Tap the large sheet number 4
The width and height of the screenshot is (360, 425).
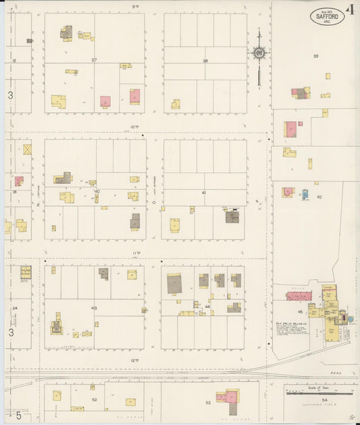pyautogui.click(x=351, y=9)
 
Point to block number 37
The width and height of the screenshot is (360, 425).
pyautogui.click(x=95, y=60)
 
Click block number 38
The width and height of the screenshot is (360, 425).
pyautogui.click(x=205, y=61)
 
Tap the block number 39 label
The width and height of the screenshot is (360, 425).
pyautogui.click(x=315, y=56)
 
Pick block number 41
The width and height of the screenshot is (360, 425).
pyautogui.click(x=203, y=193)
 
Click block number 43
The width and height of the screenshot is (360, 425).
pyautogui.click(x=95, y=309)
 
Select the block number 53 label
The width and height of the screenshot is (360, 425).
pyautogui.click(x=209, y=403)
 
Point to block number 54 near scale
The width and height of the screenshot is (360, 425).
pyautogui.click(x=324, y=400)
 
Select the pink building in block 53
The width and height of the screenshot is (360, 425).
pyautogui.click(x=229, y=396)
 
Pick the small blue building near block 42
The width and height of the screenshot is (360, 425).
pyautogui.click(x=305, y=193)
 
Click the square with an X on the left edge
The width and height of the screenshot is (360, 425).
pyautogui.click(x=28, y=149)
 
